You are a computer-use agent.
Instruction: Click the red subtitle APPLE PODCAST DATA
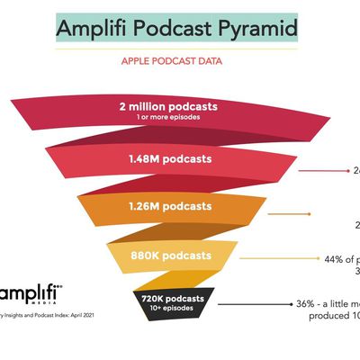point(179,65)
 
